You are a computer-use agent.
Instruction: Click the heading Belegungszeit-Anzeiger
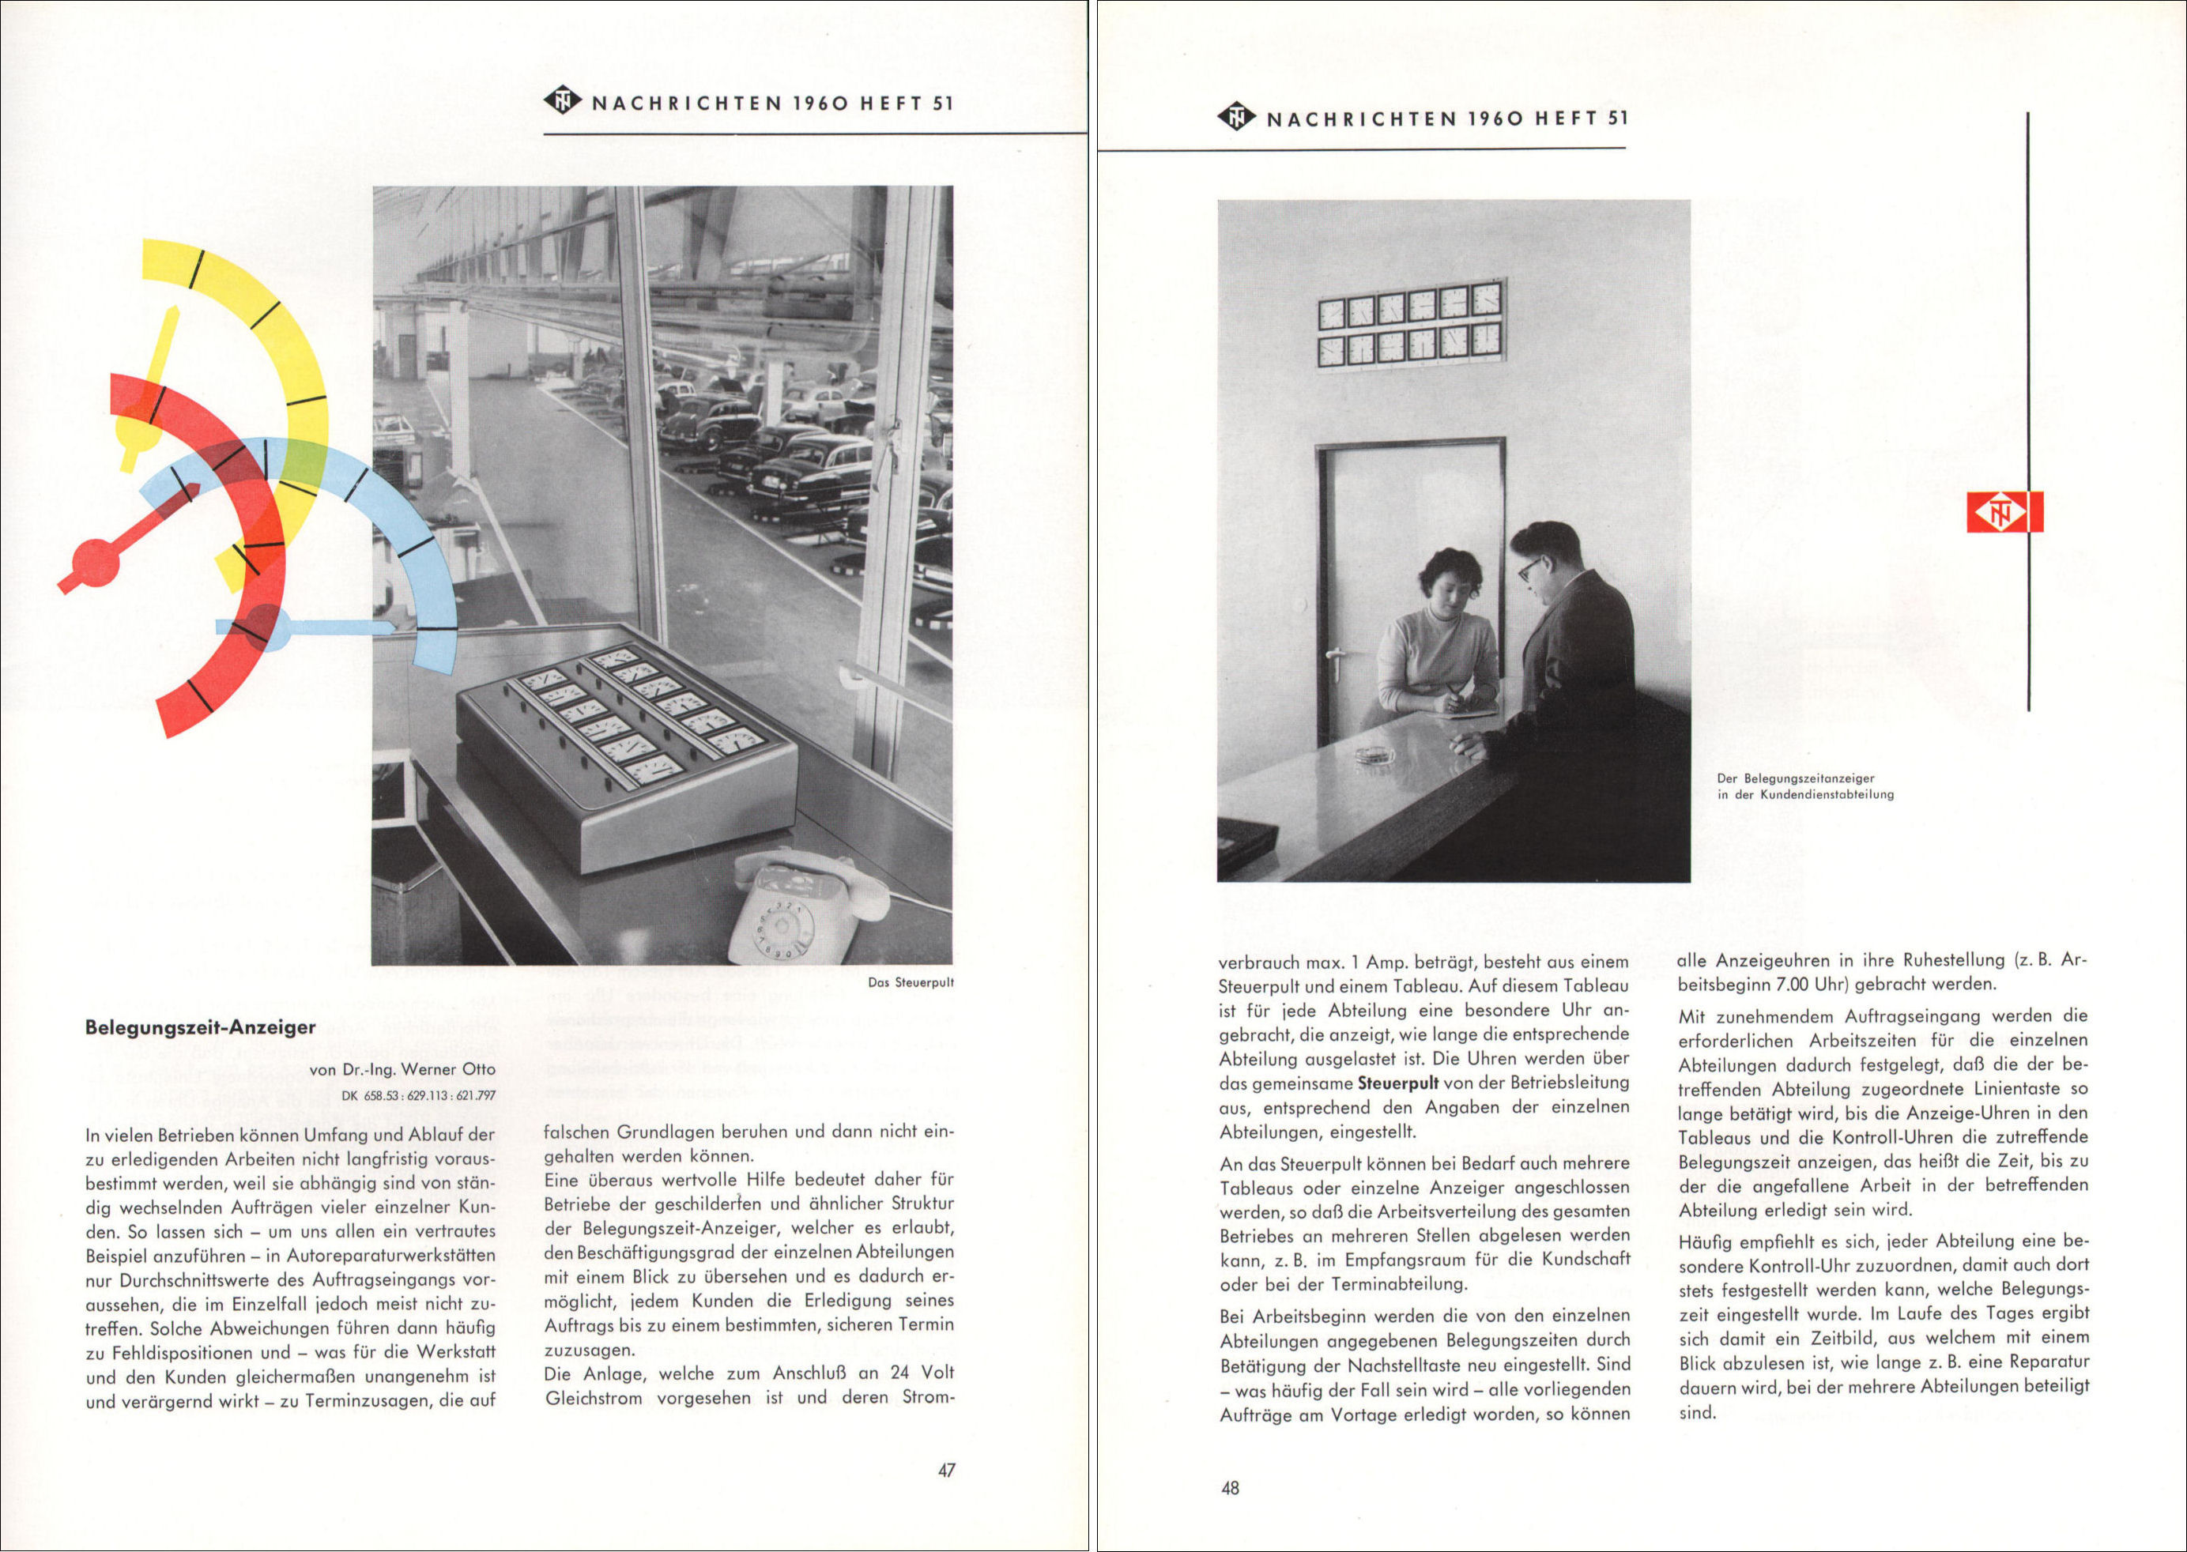[x=200, y=1027]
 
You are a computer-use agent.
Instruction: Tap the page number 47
[x=945, y=1470]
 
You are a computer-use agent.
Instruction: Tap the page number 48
[x=1229, y=1488]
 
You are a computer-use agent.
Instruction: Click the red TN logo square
[x=2004, y=512]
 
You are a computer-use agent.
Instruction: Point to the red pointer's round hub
[x=96, y=561]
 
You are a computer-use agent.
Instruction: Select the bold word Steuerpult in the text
[x=1397, y=1083]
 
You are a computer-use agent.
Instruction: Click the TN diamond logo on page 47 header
[x=563, y=100]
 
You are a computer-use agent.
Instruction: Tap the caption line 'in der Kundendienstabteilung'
[x=1804, y=794]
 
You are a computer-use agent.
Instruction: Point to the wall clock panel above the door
[x=1410, y=325]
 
